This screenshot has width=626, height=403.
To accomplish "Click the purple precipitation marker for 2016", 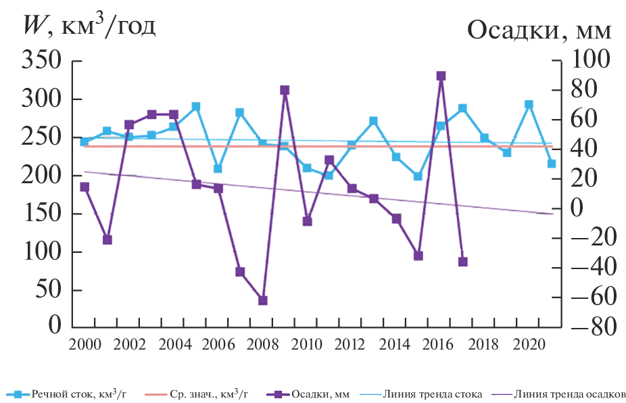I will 441,76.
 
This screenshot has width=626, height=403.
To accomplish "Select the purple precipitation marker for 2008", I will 263,300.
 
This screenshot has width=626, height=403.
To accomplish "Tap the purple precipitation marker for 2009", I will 285,91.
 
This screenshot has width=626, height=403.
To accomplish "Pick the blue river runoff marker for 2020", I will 529,105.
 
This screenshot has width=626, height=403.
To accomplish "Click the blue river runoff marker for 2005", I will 196,107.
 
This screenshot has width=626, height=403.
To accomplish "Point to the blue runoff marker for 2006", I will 218,168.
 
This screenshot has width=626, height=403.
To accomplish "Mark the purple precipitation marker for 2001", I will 107,240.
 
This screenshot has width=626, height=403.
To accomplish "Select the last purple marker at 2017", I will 462,262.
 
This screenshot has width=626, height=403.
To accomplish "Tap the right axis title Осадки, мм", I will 539,30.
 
